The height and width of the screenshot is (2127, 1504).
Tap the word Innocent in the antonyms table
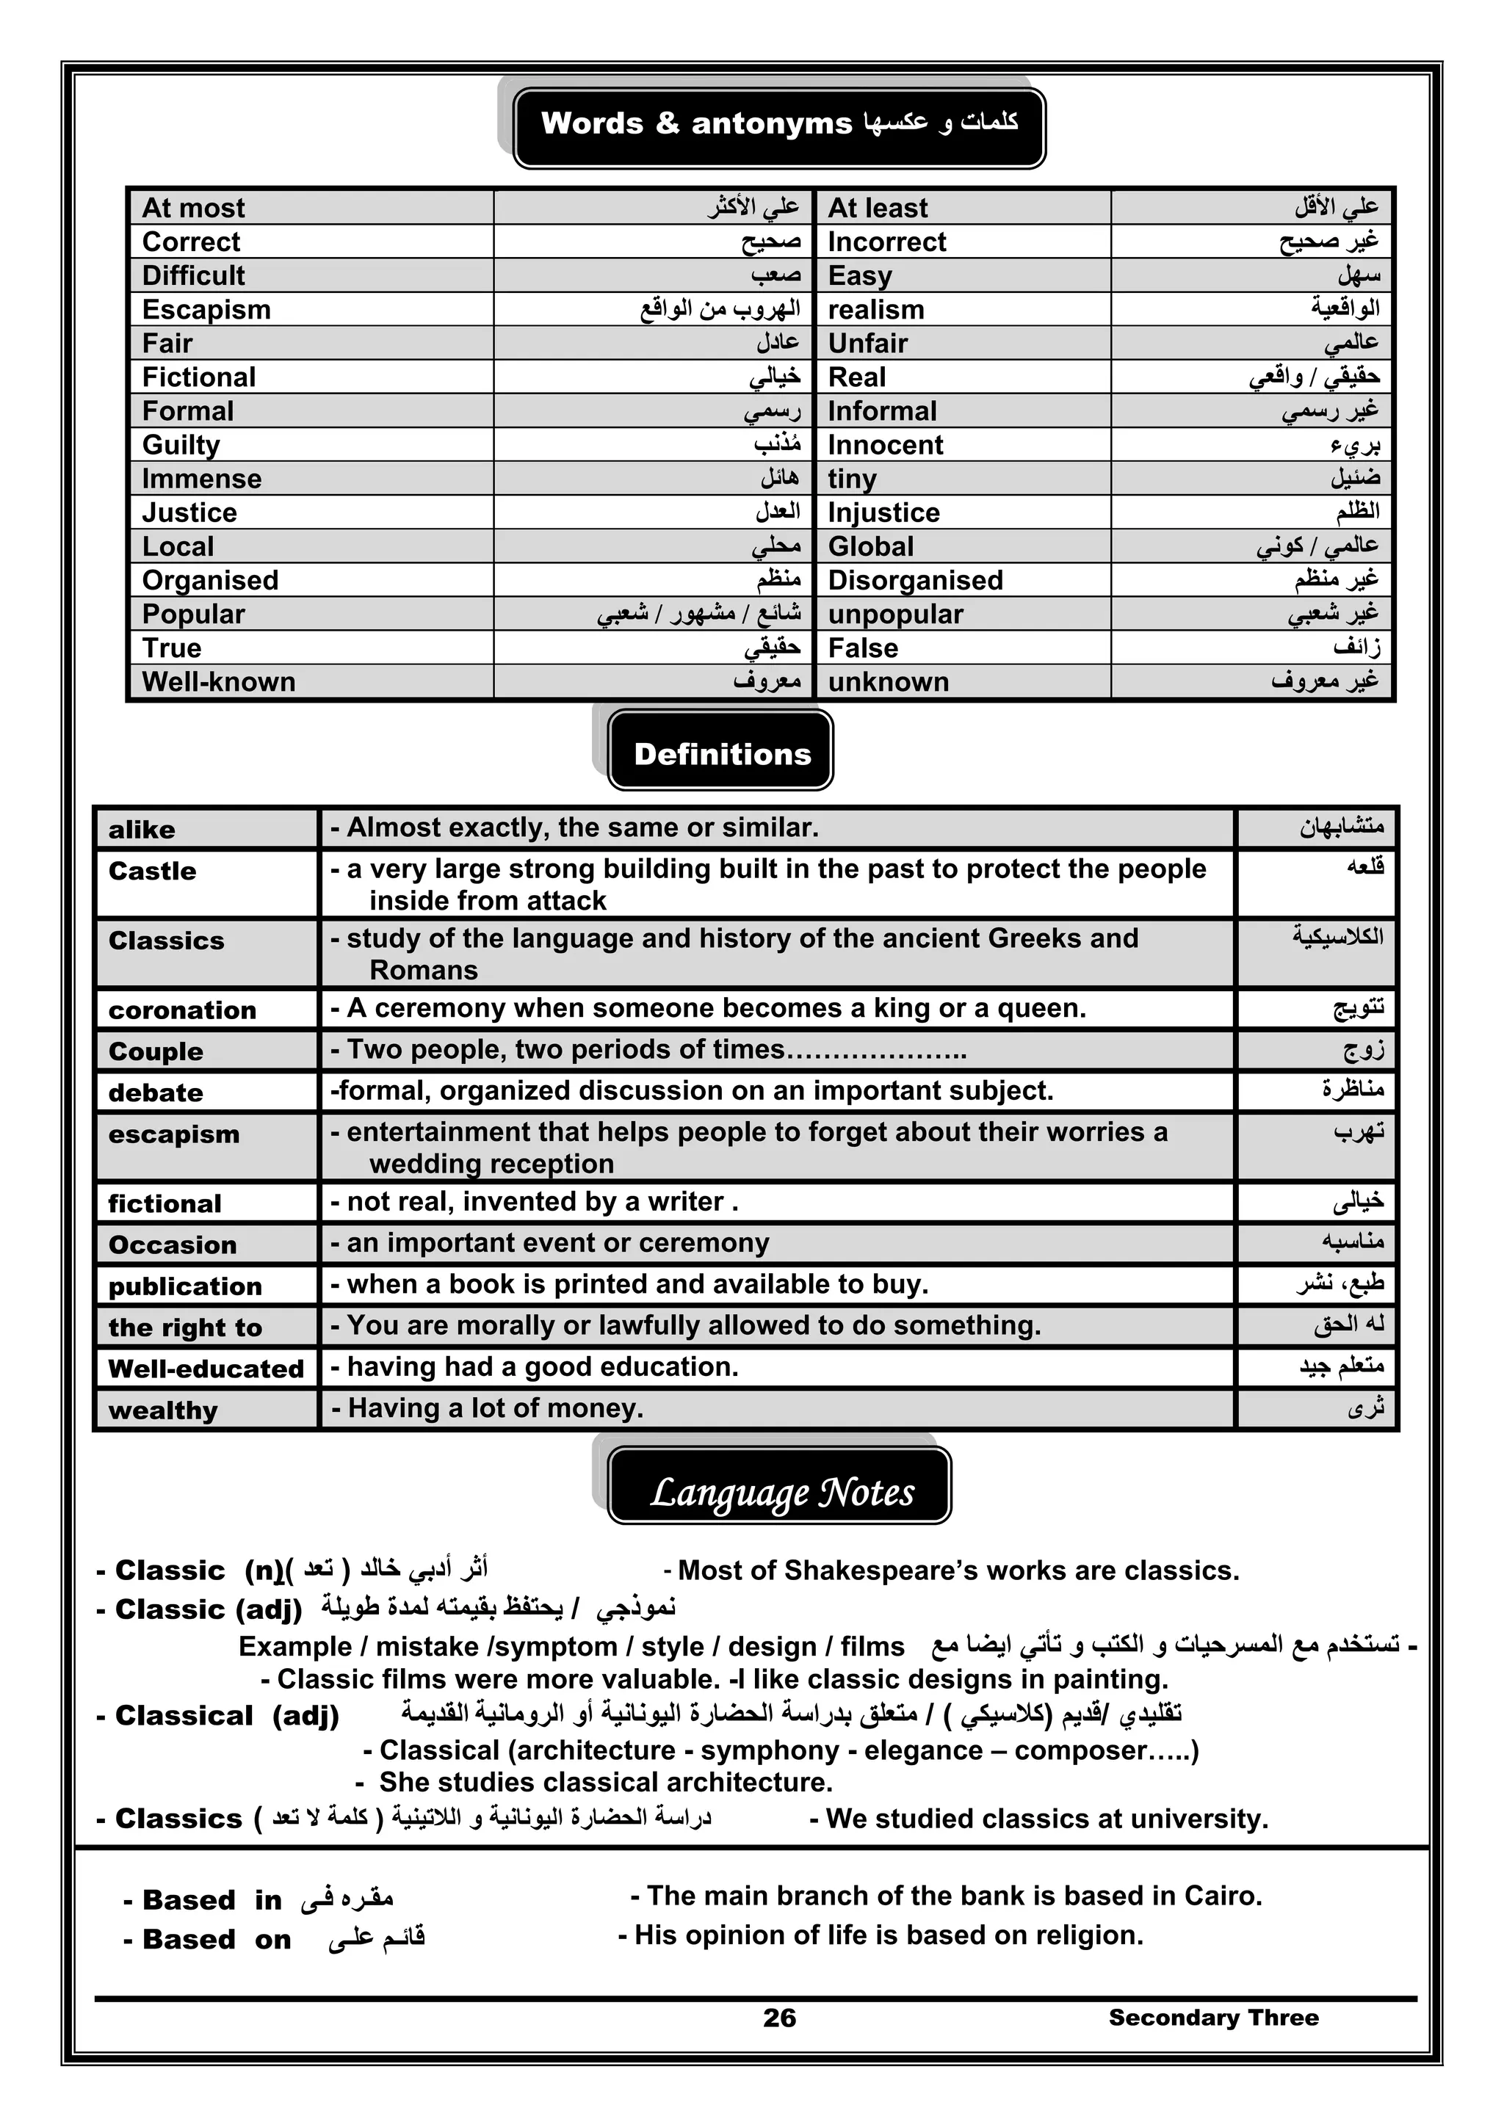[885, 445]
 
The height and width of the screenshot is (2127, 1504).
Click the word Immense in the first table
[202, 479]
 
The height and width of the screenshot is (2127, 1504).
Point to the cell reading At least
[877, 208]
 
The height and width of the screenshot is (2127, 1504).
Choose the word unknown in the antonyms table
[888, 682]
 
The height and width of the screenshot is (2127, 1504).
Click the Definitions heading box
[721, 753]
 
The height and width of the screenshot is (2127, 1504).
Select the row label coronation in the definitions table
[183, 1010]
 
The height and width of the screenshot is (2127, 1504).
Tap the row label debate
[156, 1093]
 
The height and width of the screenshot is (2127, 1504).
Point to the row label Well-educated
[206, 1369]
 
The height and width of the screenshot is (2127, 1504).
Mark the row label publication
[185, 1286]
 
